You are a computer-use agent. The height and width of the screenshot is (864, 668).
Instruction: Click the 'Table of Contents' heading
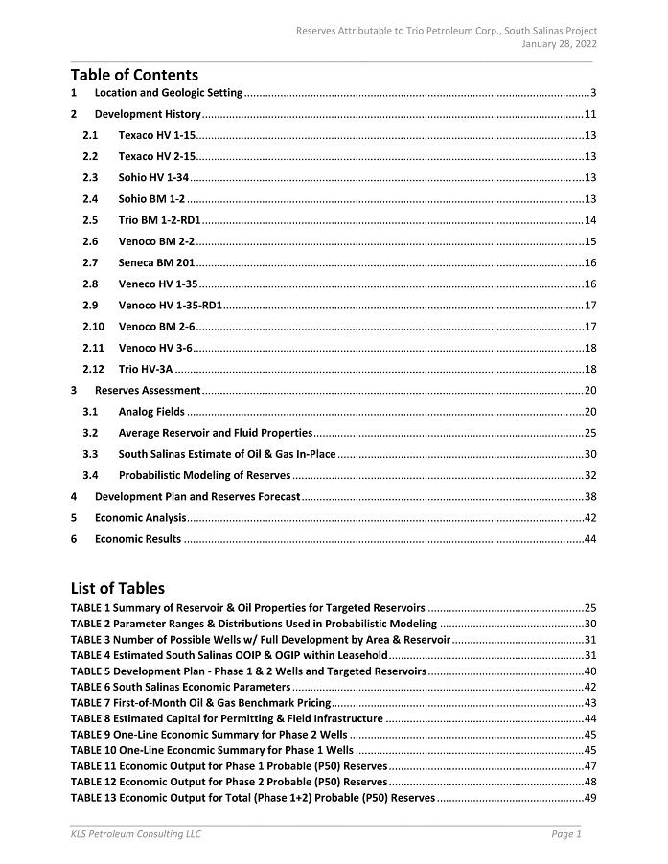[134, 75]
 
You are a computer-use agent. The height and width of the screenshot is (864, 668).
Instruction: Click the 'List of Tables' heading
[117, 588]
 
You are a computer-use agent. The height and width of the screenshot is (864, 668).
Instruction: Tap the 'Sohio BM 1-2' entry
[151, 199]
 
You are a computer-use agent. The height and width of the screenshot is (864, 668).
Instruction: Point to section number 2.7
[90, 262]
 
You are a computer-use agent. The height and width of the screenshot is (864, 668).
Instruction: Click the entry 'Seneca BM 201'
[156, 262]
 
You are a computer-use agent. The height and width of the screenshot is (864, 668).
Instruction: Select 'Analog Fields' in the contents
[151, 412]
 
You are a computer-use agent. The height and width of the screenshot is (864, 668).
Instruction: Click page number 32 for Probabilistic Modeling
[590, 475]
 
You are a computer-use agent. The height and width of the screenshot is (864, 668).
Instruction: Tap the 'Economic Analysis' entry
[140, 518]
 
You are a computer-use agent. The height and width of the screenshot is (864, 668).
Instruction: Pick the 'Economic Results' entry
[137, 539]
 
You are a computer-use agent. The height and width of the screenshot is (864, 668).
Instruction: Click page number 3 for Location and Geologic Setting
[594, 93]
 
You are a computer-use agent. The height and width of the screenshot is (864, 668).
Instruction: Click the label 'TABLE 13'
[93, 798]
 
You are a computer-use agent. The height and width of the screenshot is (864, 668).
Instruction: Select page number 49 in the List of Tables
[590, 798]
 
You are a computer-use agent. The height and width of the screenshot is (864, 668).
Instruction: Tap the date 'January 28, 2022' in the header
[560, 45]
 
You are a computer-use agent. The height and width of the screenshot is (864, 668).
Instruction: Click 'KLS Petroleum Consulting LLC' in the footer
[135, 834]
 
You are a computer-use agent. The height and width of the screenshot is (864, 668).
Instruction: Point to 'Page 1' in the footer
[566, 834]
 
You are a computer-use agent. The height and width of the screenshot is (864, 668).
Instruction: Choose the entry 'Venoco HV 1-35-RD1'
[170, 306]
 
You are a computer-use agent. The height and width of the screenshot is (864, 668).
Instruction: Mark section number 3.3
[90, 454]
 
